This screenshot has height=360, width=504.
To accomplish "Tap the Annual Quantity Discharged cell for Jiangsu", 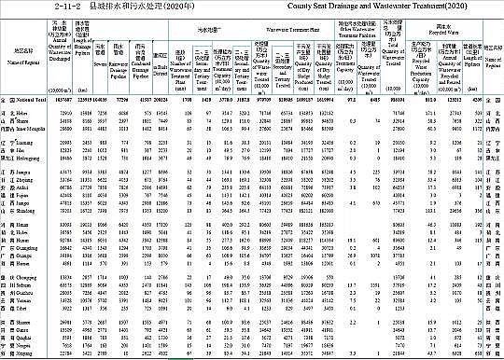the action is pyautogui.click(x=66, y=172).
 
